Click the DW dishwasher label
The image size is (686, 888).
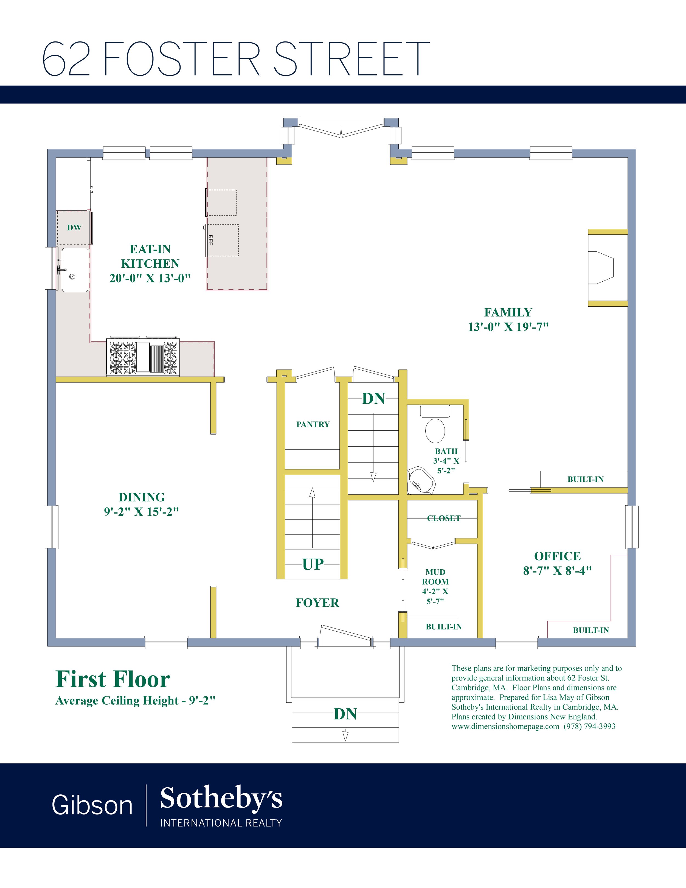[74, 228]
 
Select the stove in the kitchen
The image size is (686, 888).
[143, 356]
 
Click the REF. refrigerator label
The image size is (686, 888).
[210, 240]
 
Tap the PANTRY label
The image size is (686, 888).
[313, 424]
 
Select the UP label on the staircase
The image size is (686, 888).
[313, 564]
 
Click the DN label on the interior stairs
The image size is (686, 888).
[373, 399]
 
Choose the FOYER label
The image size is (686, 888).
[317, 603]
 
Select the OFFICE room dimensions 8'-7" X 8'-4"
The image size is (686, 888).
[557, 571]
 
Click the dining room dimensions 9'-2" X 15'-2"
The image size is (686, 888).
[141, 511]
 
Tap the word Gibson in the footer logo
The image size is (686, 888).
[92, 805]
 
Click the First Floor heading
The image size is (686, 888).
[113, 679]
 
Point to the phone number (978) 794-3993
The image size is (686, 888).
[589, 726]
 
